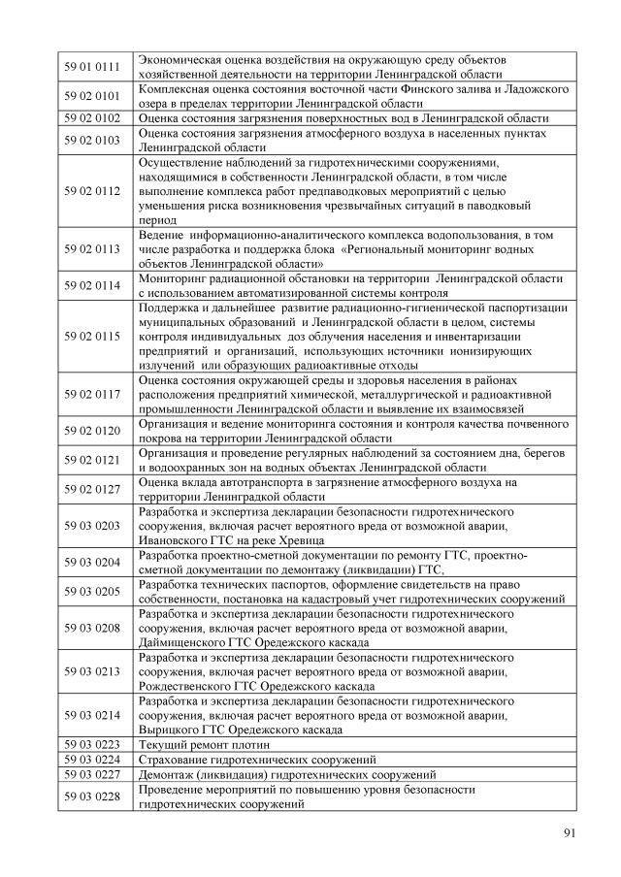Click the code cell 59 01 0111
click(x=91, y=67)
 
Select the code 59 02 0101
click(x=91, y=96)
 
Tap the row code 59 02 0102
click(x=91, y=118)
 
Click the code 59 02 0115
click(x=91, y=336)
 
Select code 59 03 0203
click(x=91, y=525)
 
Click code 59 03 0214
click(x=91, y=715)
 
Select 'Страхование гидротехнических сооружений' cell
click(x=257, y=759)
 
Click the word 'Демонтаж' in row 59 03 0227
click(x=167, y=774)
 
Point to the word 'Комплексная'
click(x=175, y=89)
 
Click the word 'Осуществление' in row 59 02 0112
click(x=183, y=162)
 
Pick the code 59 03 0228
click(x=91, y=796)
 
